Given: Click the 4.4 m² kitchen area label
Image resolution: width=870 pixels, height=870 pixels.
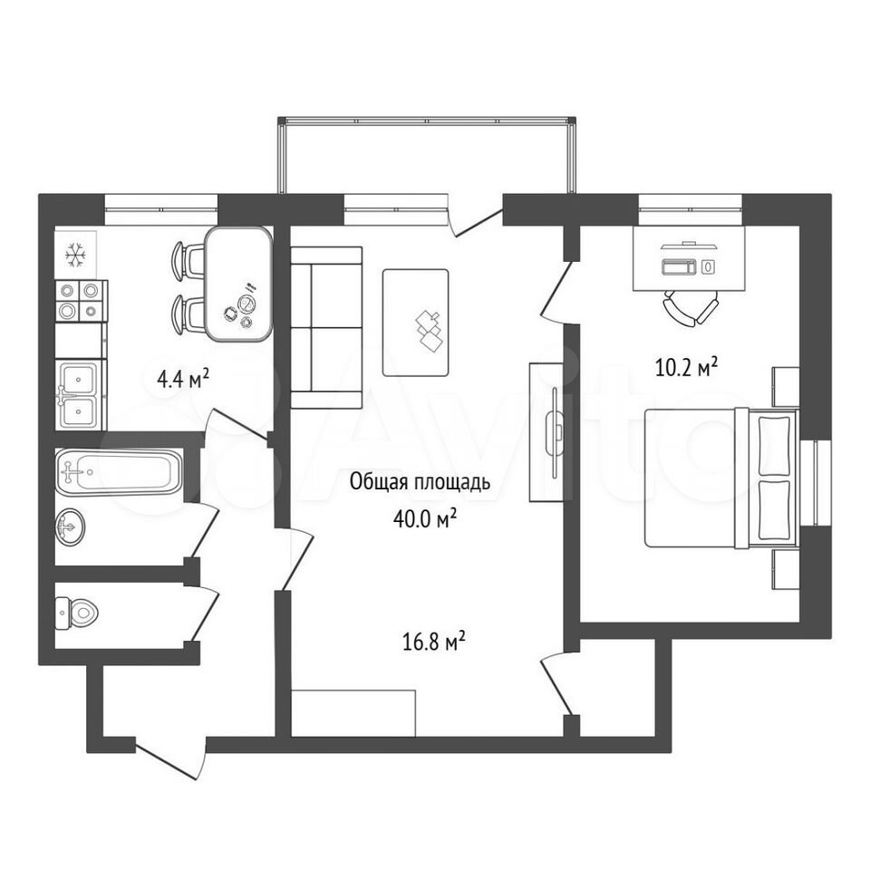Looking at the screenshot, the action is pos(183,380).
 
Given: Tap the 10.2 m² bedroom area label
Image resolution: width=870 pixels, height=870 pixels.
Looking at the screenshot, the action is pos(687,367).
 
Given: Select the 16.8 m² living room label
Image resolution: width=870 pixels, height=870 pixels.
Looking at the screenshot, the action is pos(433,642).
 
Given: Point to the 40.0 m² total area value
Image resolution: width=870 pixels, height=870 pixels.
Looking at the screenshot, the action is pos(425,518).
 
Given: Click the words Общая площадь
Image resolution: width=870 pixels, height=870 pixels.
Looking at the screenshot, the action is pos(420,482).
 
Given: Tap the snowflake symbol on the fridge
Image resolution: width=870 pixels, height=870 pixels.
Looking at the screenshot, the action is pos(75,256).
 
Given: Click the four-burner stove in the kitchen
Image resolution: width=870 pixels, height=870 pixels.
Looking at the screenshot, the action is pos(81,301).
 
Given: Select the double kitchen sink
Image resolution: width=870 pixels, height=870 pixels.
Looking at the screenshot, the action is pos(81,394).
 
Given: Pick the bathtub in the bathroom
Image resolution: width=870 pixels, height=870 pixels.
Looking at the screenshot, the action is pos(118,471).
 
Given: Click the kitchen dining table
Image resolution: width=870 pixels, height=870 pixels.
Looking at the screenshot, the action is pos(238,284).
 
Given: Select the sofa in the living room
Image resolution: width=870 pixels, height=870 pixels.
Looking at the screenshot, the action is pos(326,327).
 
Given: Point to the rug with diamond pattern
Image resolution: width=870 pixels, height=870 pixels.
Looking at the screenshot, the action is pos(416,323).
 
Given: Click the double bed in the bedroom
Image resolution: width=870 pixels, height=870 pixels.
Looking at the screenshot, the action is pos(722,478).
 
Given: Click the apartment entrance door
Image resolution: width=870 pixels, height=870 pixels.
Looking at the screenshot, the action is pos(169,760).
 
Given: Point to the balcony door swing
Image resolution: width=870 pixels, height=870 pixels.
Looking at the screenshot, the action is pos(475,220).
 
